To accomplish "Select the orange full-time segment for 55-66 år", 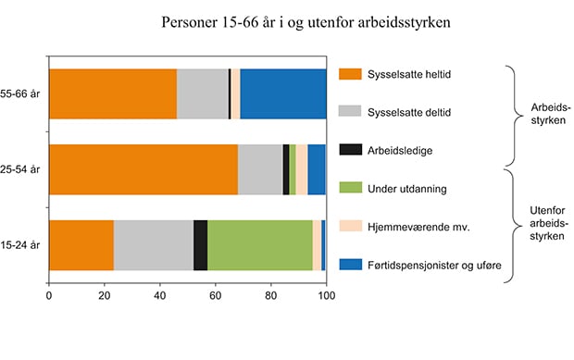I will click(112, 93).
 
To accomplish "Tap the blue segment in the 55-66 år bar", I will click(282, 93).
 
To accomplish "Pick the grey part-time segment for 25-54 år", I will click(260, 169).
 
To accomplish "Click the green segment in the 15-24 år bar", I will click(259, 245).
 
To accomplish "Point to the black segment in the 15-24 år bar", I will click(200, 245).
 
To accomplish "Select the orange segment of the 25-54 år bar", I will click(143, 169).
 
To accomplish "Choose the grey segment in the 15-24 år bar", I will click(154, 245).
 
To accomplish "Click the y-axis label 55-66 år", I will click(21, 94).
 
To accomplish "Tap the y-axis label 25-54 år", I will click(21, 170).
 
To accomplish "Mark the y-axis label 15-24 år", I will click(21, 246).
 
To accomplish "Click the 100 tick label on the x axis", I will click(326, 296).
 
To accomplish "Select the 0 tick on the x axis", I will click(48, 296).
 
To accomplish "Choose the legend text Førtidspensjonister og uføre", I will click(435, 266).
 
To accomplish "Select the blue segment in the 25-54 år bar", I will click(317, 169).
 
